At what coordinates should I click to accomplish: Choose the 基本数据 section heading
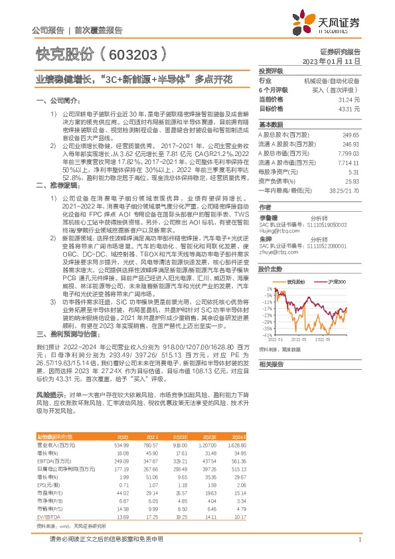coord(270,124)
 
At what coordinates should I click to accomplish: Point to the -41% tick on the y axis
coord(268,333)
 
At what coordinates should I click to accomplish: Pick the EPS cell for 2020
coord(122,485)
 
